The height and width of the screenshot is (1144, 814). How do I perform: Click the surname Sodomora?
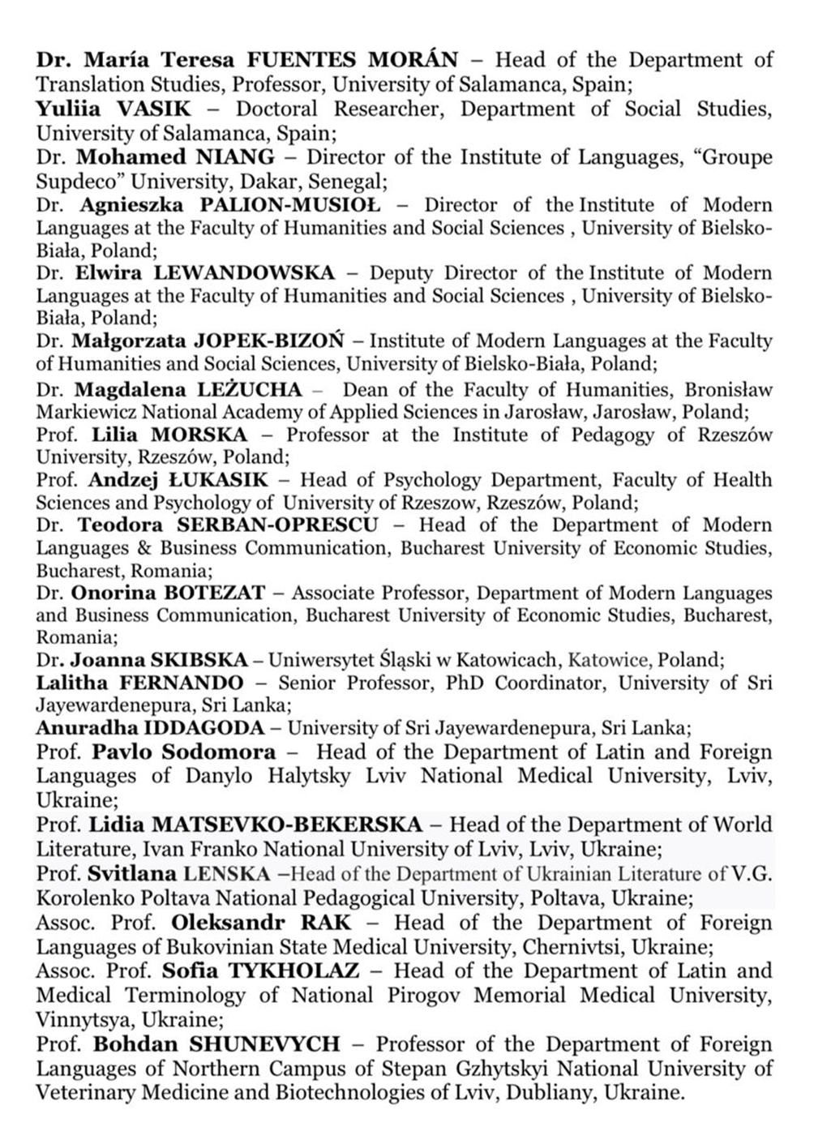pyautogui.click(x=225, y=752)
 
